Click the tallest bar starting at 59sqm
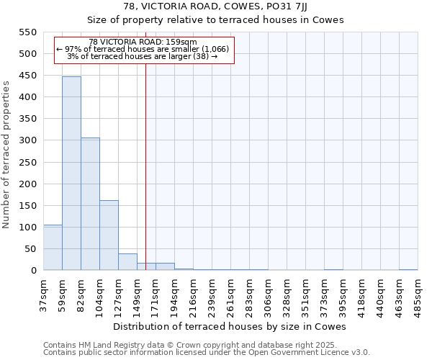pos(71,174)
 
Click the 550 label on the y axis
pos(27,32)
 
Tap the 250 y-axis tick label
pos(27,162)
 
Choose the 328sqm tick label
pos(287,294)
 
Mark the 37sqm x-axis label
pos(43,293)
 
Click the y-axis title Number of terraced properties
pos(6,155)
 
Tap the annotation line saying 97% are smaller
pos(143,49)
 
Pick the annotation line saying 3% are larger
pos(143,56)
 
